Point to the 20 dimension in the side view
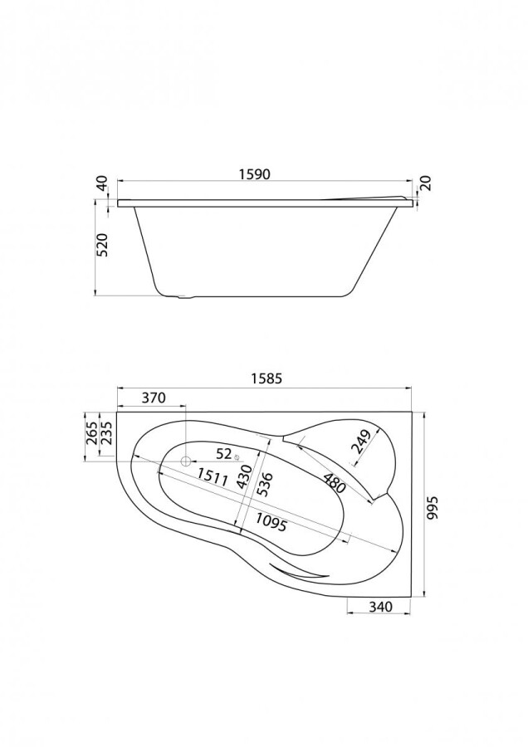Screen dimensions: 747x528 point(425,184)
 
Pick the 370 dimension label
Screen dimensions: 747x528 point(153,398)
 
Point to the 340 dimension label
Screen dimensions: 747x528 point(379,607)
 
